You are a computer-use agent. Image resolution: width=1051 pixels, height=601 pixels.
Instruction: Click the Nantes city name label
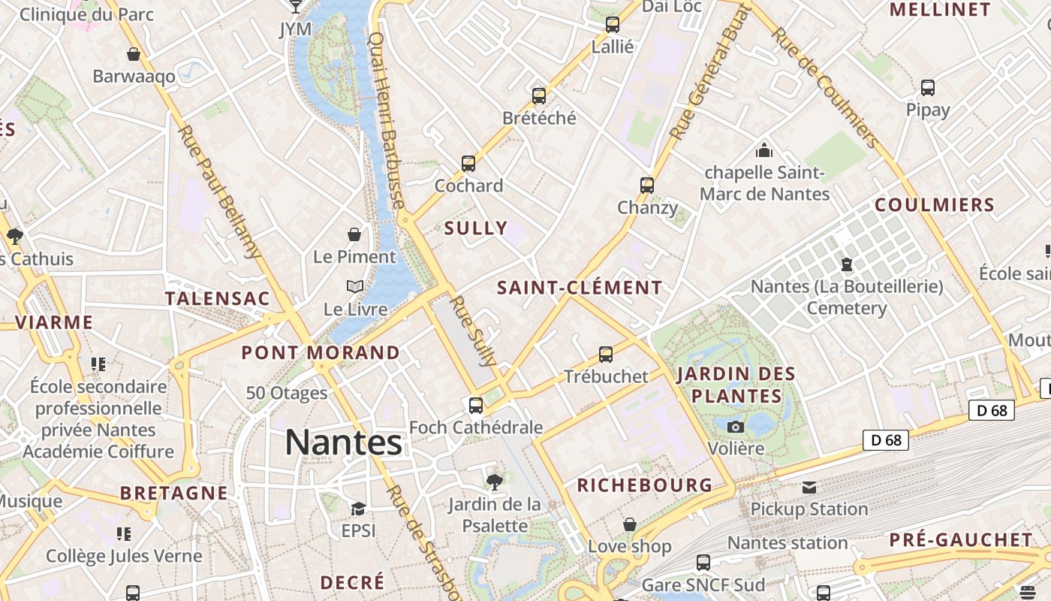pos(344,442)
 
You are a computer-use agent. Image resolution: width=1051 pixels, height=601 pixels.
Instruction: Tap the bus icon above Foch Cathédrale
pos(476,406)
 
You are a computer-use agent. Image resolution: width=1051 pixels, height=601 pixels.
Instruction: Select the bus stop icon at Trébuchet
pos(606,355)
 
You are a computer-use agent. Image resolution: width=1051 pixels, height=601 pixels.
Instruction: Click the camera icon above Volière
pos(736,427)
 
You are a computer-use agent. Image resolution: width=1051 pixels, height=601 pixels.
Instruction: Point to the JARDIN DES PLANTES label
pos(736,385)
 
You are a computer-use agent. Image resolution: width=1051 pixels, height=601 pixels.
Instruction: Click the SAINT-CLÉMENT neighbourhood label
pos(580,288)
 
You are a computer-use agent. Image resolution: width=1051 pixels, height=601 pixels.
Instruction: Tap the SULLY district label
pos(476,228)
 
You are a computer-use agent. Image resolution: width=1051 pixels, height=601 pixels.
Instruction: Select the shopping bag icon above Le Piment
pos(354,235)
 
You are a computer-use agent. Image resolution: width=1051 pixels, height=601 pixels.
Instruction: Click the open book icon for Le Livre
pos(355,287)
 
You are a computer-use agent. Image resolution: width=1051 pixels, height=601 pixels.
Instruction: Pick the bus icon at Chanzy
pos(647,186)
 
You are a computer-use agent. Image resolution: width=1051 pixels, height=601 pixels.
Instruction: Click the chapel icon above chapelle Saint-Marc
pos(764,150)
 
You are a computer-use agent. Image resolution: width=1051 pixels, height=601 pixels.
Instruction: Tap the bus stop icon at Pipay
pos(928,88)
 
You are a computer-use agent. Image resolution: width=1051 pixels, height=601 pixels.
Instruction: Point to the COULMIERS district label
pos(935,205)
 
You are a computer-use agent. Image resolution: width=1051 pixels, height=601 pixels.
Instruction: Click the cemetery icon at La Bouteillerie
pos(847,264)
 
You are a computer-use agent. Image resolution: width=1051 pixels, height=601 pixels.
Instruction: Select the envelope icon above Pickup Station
pos(809,488)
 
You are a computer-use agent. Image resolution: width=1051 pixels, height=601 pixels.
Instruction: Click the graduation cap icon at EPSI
pos(358,509)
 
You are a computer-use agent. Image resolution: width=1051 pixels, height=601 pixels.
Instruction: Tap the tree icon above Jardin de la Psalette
pos(494,482)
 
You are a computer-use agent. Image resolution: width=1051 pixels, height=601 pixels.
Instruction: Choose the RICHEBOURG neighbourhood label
pos(644,485)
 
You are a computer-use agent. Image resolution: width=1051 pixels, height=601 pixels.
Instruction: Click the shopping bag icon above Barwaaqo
pos(134,55)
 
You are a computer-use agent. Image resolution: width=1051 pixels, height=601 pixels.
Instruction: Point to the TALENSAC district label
pos(217,298)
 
